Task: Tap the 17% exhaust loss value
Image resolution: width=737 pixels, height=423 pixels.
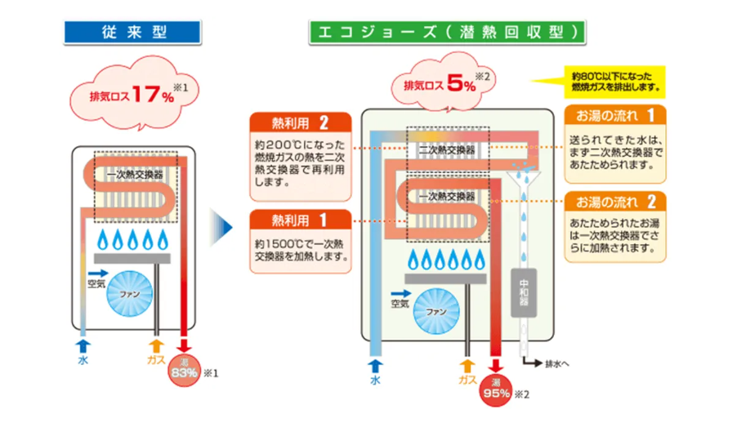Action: coord(154,96)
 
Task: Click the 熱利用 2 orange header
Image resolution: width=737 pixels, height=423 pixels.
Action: coord(300,124)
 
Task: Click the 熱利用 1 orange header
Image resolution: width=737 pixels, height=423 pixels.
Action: coord(300,220)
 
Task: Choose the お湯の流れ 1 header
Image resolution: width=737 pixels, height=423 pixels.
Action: coord(614,114)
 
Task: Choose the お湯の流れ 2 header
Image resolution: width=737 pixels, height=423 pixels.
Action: coord(614,202)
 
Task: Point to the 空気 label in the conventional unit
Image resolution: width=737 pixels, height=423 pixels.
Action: coord(96,285)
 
